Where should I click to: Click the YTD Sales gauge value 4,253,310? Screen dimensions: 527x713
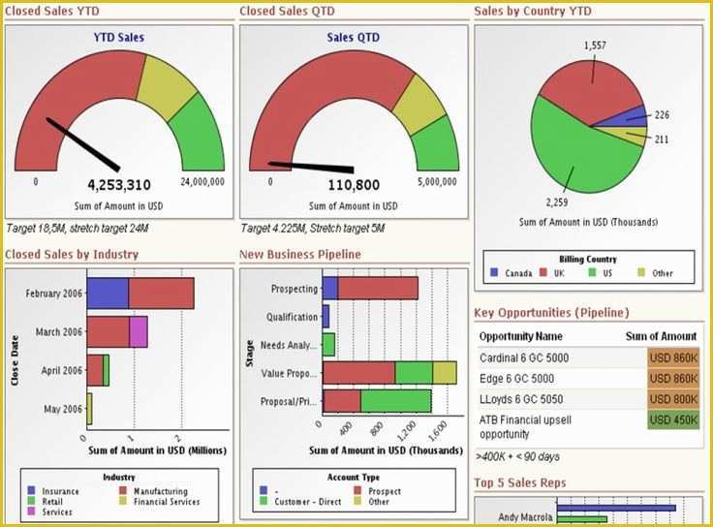[x=119, y=185]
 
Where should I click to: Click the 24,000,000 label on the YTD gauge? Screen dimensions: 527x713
[x=203, y=181]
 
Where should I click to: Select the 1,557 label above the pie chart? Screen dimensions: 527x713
[x=597, y=46]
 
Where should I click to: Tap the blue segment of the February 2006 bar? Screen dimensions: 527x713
[x=108, y=294]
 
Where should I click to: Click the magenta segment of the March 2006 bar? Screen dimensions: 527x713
[x=138, y=331]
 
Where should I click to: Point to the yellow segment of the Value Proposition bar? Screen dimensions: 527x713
[x=445, y=373]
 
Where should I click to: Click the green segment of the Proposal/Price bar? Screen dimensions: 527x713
[x=396, y=401]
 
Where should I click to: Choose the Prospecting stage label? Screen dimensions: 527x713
[x=294, y=289]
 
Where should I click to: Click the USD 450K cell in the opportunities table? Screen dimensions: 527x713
[x=672, y=419]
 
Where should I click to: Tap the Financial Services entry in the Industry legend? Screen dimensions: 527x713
[x=166, y=502]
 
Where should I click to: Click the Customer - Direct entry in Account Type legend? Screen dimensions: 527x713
[x=309, y=502]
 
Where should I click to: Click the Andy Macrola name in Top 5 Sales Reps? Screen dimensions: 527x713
[x=524, y=516]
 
